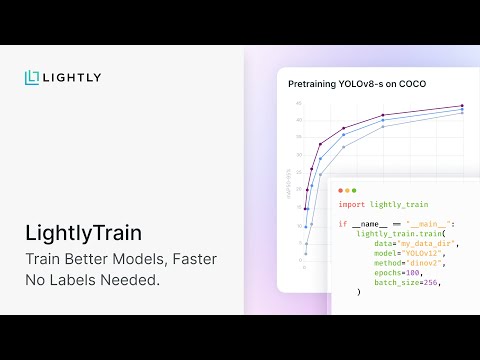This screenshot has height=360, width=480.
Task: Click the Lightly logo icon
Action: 33,77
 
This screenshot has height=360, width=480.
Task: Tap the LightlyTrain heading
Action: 83,233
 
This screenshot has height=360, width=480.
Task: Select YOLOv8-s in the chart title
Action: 372,84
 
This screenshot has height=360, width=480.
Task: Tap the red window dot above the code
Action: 340,189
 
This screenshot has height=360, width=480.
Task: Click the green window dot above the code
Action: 356,189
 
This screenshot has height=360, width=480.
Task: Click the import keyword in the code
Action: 351,204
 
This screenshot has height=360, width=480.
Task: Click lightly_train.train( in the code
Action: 392,233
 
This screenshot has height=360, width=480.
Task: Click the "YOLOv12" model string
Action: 423,252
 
